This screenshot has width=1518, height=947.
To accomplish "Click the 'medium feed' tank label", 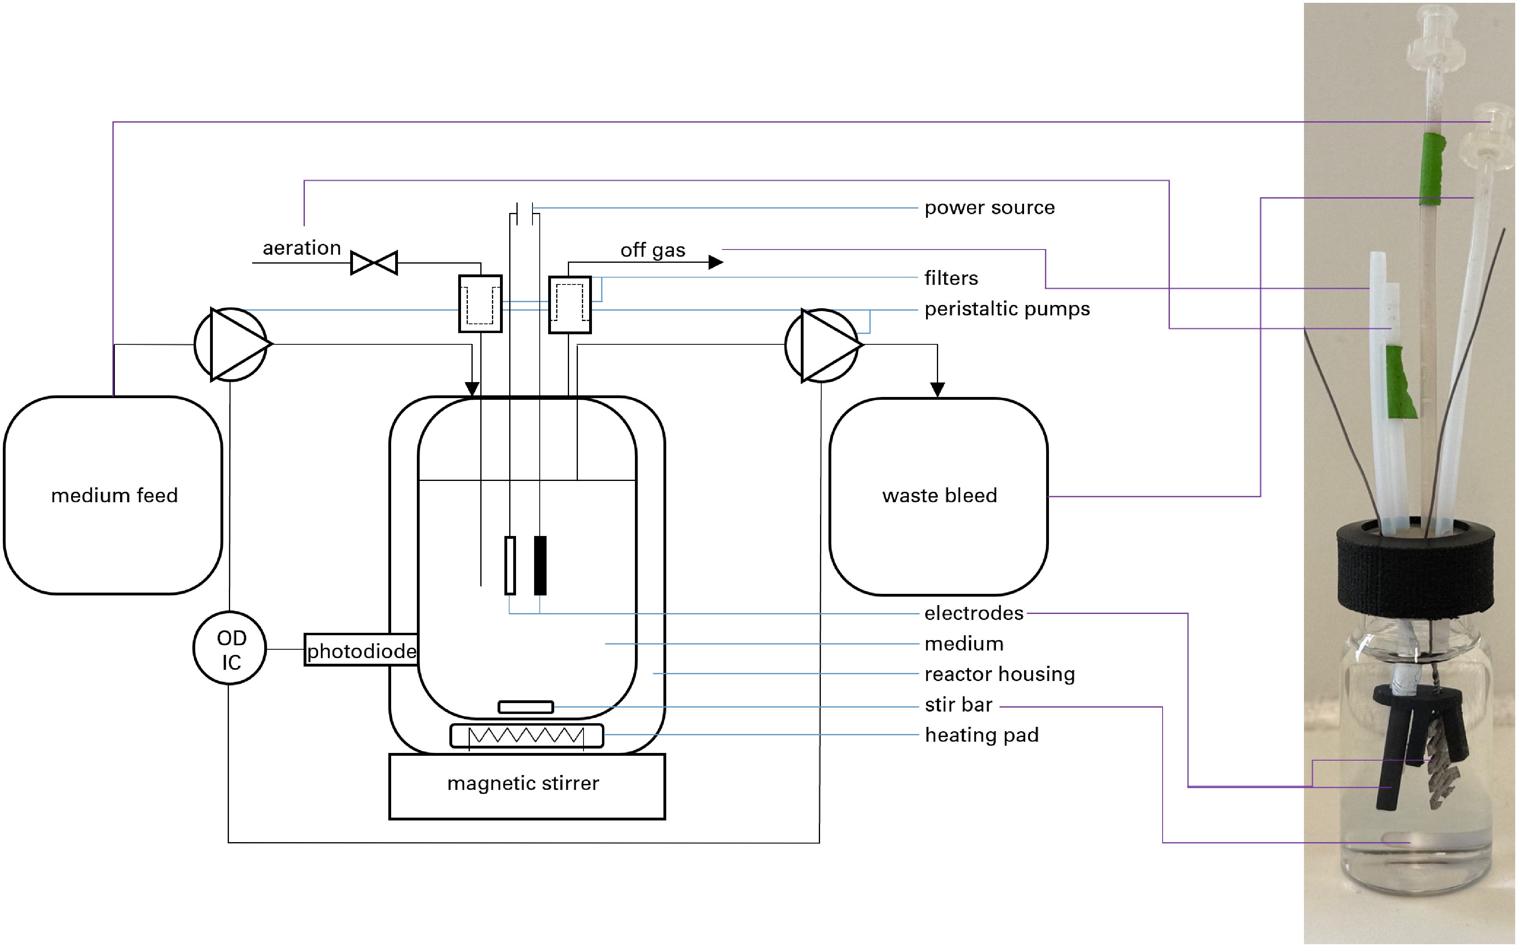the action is [x=114, y=495].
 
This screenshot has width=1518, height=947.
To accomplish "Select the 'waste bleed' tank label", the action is [x=940, y=495].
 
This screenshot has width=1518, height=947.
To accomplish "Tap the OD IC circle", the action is [x=230, y=648].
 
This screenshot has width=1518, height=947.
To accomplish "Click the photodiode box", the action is [x=361, y=650].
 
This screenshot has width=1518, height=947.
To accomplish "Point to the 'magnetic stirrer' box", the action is [x=527, y=787].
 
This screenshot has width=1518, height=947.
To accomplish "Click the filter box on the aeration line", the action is [x=480, y=304].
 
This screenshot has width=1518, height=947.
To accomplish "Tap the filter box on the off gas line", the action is [x=569, y=305].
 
